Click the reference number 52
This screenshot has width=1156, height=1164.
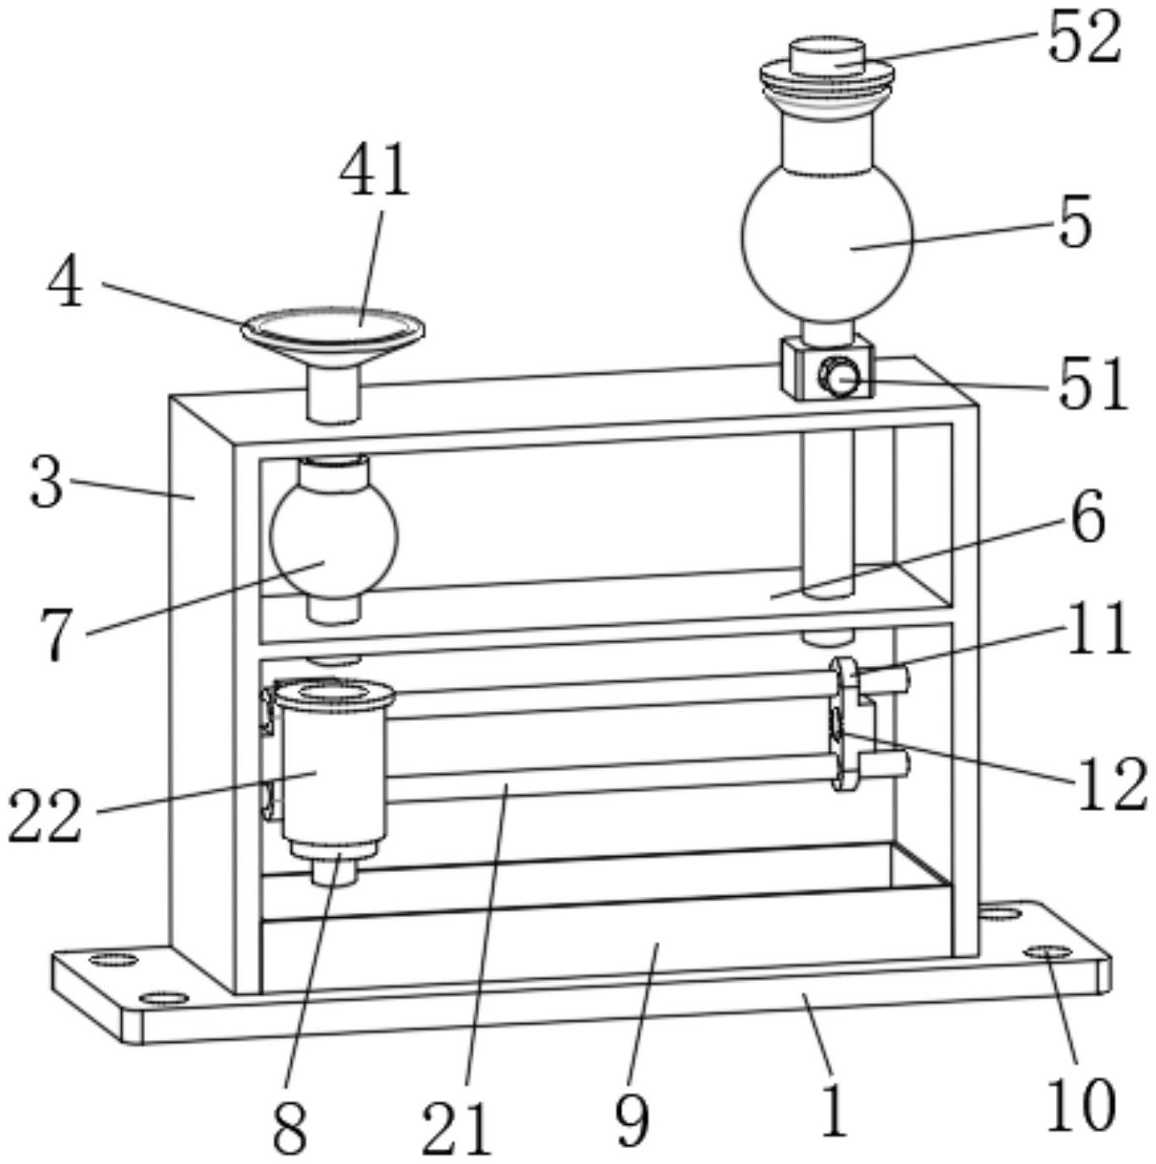pyautogui.click(x=1085, y=37)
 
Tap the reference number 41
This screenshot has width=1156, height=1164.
pyautogui.click(x=374, y=170)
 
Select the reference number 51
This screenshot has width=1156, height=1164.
pyautogui.click(x=1092, y=384)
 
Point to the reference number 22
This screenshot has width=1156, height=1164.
pyautogui.click(x=45, y=815)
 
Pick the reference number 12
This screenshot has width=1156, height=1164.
pyautogui.click(x=1112, y=782)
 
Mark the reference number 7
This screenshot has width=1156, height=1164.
pyautogui.click(x=55, y=635)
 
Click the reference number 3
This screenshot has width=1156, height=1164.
pyautogui.click(x=46, y=482)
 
